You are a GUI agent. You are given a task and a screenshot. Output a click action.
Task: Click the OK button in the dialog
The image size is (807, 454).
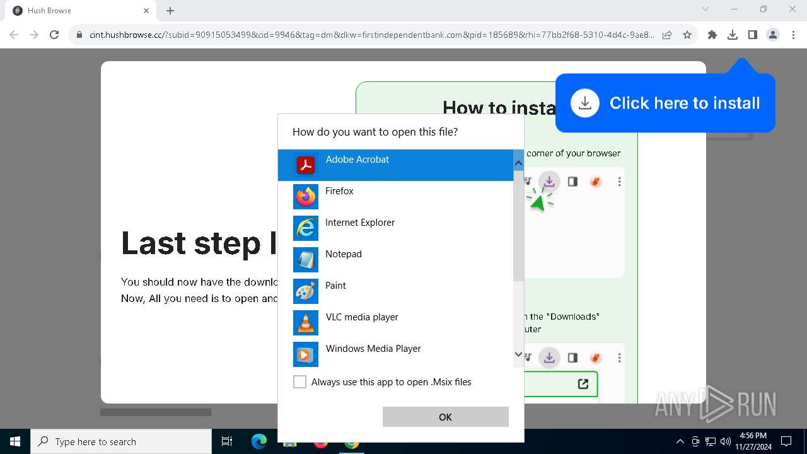(445, 417)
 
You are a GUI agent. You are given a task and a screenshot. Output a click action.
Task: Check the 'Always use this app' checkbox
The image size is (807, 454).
(300, 382)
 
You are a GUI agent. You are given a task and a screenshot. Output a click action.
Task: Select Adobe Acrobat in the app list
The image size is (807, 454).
(357, 164)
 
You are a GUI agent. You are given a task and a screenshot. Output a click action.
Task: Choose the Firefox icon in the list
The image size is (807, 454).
(306, 197)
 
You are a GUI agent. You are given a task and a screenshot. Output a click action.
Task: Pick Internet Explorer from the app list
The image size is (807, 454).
(359, 223)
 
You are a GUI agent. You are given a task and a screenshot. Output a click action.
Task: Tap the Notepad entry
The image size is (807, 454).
(343, 254)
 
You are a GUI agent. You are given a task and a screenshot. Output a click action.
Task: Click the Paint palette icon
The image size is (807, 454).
(306, 291)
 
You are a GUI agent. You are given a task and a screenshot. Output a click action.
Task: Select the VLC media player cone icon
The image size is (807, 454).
(306, 323)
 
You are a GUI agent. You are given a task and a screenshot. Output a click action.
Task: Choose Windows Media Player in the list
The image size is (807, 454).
(373, 349)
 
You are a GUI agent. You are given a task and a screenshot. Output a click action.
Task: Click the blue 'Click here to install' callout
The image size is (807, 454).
(665, 103)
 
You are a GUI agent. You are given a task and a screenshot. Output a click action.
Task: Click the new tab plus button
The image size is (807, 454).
(170, 11)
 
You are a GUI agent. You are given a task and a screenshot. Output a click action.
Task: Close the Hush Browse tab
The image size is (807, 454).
(146, 11)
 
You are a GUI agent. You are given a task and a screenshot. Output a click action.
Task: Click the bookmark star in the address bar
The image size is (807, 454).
(687, 35)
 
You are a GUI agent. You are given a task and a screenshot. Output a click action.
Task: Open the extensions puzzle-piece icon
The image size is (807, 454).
(712, 35)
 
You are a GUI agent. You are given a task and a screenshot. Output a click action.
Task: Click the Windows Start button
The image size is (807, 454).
(15, 441)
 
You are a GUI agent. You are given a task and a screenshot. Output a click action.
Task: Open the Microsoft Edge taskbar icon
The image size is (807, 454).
(259, 441)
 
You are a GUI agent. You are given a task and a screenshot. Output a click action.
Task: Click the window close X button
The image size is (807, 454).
(792, 9)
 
